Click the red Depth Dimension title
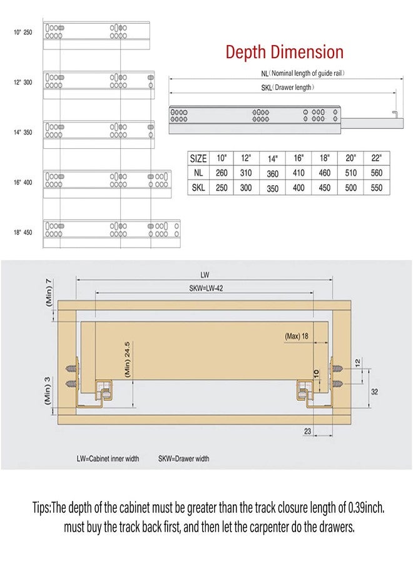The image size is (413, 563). click(285, 52)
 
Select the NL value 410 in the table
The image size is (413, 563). click(298, 173)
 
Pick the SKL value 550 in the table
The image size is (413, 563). click(376, 188)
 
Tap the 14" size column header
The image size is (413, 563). click(273, 159)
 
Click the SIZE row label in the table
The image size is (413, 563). click(198, 158)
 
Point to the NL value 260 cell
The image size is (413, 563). click(222, 173)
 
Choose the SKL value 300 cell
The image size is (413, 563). click(246, 188)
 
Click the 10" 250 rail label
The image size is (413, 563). click(23, 33)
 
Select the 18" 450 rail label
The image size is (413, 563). click(23, 232)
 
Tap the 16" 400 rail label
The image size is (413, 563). click(23, 183)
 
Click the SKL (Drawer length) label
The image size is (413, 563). click(288, 87)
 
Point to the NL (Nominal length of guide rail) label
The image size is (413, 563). click(303, 73)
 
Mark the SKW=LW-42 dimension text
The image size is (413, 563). click(206, 288)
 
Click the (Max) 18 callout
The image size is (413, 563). click(296, 336)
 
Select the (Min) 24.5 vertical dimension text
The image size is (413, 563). click(127, 359)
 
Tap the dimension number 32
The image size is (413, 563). click(374, 392)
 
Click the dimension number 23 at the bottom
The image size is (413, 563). click(307, 431)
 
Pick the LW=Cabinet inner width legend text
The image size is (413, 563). click(108, 459)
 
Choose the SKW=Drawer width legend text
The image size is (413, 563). click(183, 459)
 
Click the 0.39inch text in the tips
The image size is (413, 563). click(366, 508)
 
